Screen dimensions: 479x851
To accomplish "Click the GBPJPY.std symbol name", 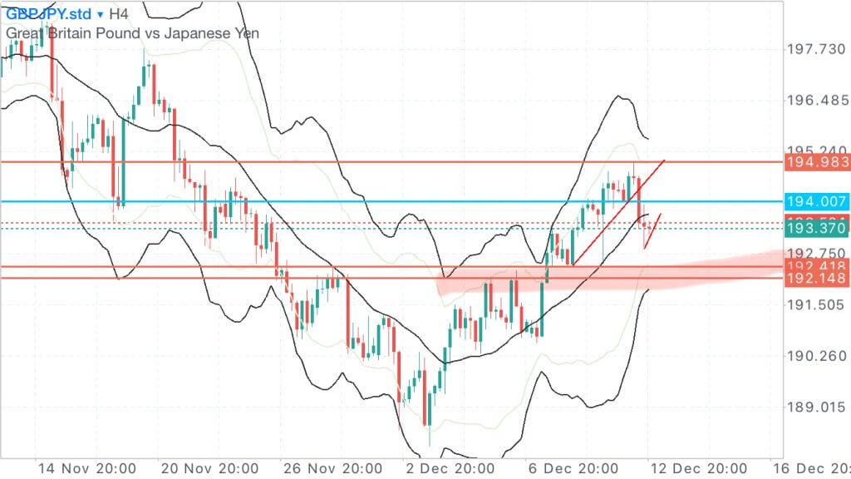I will pos(48,14).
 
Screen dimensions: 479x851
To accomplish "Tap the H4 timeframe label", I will pos(119,14).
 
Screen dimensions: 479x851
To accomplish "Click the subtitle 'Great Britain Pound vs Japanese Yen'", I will pos(133,33).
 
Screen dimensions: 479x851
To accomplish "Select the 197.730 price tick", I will pos(815,50).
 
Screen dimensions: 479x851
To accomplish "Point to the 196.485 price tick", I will pos(815,101).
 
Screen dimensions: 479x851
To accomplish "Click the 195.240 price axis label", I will pos(815,151).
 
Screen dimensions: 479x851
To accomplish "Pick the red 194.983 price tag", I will pos(817,162).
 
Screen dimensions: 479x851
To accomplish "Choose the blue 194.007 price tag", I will pos(817,202).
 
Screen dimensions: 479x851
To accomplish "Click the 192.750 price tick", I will pos(815,253).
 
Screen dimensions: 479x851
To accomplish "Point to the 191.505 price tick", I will pos(815,304).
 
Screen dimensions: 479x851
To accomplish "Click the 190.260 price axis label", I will pos(815,356).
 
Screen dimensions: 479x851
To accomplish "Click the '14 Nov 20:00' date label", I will pos(76,468).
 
